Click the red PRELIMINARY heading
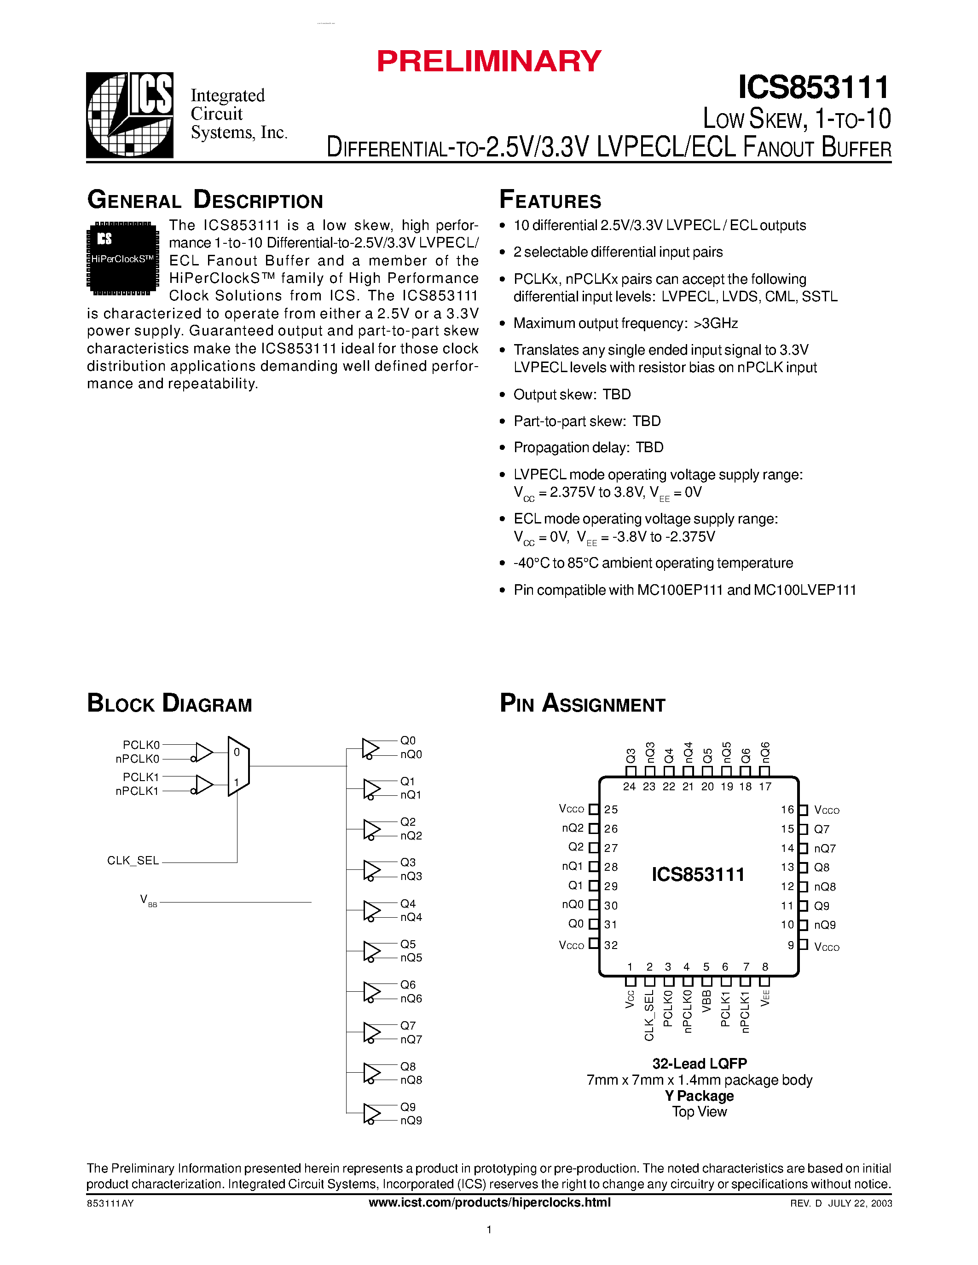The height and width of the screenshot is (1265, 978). (x=489, y=61)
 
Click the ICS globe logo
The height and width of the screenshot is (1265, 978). (x=130, y=115)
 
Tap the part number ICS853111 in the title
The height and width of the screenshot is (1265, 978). (x=813, y=88)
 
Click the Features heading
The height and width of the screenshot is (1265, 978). (x=550, y=200)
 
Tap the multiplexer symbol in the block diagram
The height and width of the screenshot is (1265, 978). (x=238, y=766)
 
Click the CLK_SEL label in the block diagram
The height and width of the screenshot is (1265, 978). (x=133, y=860)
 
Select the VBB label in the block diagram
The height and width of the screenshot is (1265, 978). (x=148, y=901)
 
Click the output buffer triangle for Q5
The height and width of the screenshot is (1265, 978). (x=371, y=951)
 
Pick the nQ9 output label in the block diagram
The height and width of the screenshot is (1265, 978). (x=411, y=1120)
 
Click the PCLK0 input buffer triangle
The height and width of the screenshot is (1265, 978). (x=204, y=752)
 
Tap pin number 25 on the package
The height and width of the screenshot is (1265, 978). (x=611, y=809)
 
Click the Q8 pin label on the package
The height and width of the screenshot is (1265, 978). (x=822, y=867)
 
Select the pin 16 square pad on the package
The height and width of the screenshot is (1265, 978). (x=803, y=810)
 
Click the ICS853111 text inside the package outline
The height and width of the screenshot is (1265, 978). (x=698, y=874)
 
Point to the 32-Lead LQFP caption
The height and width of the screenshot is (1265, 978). (x=699, y=1064)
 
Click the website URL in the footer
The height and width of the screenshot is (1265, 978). (x=490, y=1202)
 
